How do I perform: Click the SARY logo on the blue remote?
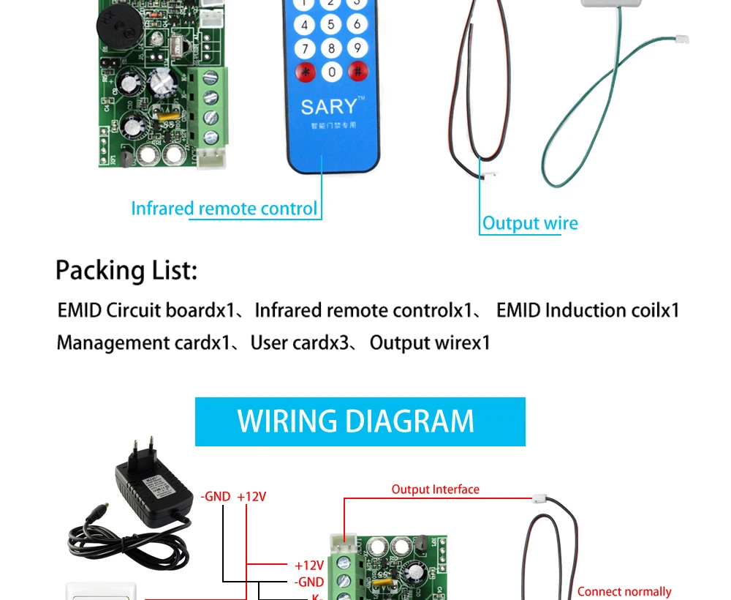pyautogui.click(x=330, y=107)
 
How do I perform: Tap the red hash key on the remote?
pyautogui.click(x=357, y=72)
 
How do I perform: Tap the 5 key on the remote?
pyautogui.click(x=331, y=25)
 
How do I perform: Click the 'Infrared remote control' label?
pyautogui.click(x=224, y=209)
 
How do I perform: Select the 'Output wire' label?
pyautogui.click(x=530, y=224)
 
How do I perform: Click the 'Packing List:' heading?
pyautogui.click(x=126, y=271)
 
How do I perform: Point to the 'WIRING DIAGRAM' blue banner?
pyautogui.click(x=360, y=421)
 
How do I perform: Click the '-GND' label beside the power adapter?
pyautogui.click(x=216, y=497)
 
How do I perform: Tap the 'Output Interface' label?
pyautogui.click(x=435, y=490)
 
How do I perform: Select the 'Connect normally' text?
pyautogui.click(x=624, y=591)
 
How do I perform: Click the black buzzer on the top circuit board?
pyautogui.click(x=117, y=26)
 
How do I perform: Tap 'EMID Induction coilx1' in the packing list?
pyautogui.click(x=588, y=310)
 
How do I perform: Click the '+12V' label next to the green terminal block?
pyautogui.click(x=308, y=565)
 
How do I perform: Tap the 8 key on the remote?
pyautogui.click(x=331, y=48)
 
